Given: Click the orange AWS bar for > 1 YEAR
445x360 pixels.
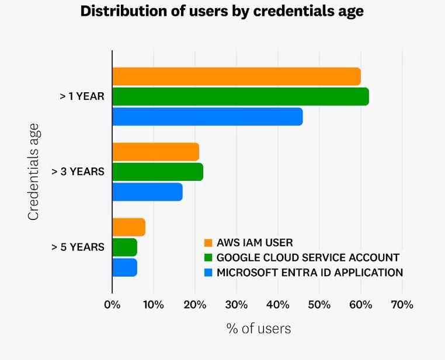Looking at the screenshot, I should (x=236, y=76).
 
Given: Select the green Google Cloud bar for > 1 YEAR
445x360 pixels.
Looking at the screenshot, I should (x=240, y=96).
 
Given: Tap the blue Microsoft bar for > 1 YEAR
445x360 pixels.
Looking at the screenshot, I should (x=207, y=117).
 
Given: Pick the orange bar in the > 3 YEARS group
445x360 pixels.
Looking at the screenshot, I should (x=155, y=152).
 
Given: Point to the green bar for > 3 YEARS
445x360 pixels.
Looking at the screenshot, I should (x=158, y=172).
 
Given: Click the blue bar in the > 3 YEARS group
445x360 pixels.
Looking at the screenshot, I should (x=147, y=192).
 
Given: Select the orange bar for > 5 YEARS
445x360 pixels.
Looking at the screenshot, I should (x=128, y=227).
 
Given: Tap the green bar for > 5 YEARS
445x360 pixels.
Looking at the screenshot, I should (x=124, y=247).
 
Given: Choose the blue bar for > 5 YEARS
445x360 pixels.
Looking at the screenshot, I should (x=124, y=267).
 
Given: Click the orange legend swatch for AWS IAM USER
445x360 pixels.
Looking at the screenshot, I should (x=208, y=243).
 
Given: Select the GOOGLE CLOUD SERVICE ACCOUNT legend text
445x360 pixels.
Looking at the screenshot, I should (x=308, y=257).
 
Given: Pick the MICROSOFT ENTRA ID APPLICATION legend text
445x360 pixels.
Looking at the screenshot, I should (x=310, y=272).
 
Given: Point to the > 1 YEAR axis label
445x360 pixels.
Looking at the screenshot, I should (x=82, y=97).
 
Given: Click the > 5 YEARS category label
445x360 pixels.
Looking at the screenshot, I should (x=78, y=247).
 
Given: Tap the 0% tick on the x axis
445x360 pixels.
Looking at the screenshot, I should (x=112, y=305).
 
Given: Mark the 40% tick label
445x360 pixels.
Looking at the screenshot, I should (x=277, y=305).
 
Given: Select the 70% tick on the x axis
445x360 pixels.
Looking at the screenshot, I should (x=402, y=305).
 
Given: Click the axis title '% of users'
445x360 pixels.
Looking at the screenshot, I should (x=258, y=328).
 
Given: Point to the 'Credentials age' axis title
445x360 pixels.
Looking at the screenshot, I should (x=33, y=172).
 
